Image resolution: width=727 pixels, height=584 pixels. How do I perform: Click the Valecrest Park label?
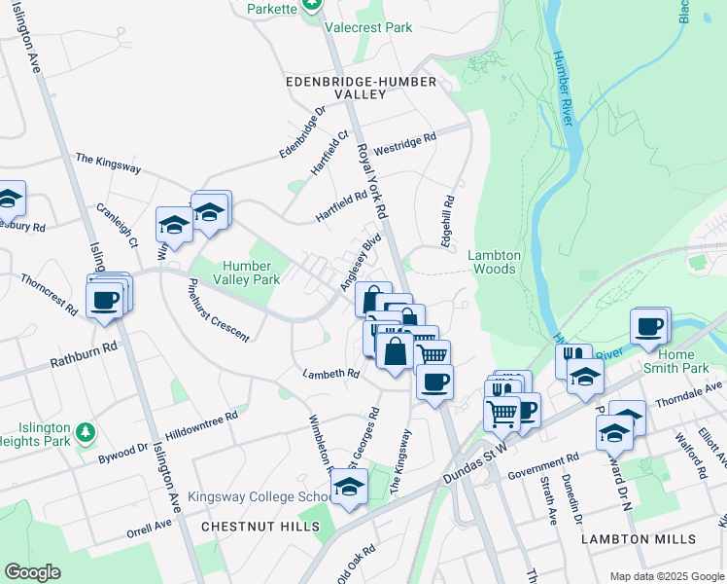point(369,29)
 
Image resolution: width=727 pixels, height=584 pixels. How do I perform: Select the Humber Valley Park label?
point(238,272)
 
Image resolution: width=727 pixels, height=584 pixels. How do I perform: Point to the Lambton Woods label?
point(496,262)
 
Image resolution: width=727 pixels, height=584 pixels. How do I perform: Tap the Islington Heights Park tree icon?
point(87,430)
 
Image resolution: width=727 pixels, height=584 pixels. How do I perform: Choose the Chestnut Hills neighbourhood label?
point(260,527)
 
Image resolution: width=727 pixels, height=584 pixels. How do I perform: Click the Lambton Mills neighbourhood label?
point(639,538)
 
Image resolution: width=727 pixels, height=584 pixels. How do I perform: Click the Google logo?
point(32,572)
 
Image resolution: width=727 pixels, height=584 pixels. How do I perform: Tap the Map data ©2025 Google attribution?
point(667,576)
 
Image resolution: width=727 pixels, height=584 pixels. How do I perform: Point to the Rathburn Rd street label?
point(85,352)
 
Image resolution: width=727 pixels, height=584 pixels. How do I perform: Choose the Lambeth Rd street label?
point(330,373)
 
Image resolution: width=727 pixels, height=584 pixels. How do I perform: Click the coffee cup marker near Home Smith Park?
point(649,327)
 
